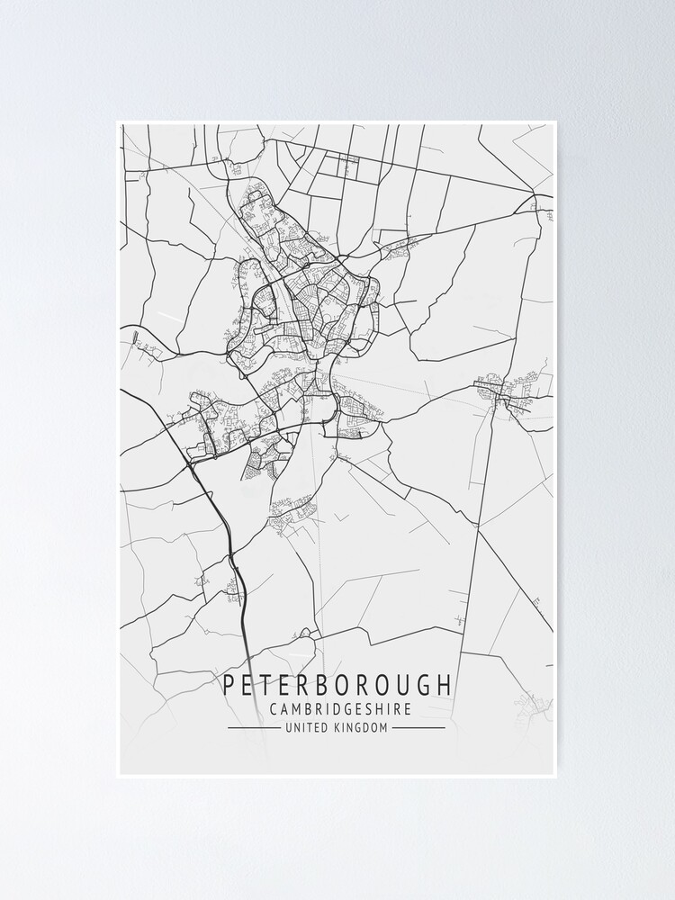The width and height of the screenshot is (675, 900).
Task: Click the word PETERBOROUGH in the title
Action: tap(337, 685)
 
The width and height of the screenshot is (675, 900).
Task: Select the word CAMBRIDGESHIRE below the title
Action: tap(340, 709)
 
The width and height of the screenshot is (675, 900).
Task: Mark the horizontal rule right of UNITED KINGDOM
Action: tap(419, 727)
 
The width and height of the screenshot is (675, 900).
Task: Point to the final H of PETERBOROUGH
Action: tap(446, 685)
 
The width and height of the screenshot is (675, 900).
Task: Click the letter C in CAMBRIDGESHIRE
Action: tap(274, 709)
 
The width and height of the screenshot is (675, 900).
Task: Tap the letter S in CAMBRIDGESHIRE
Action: tap(373, 709)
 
